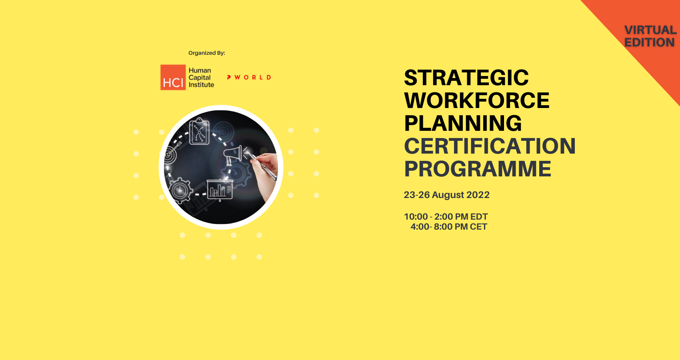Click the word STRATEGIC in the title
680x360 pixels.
[x=466, y=78]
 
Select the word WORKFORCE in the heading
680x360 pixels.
[x=477, y=100]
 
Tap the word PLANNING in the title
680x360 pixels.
[x=463, y=123]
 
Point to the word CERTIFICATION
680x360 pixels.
[x=490, y=146]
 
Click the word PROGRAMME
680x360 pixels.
[x=478, y=169]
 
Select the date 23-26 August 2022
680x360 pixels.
[x=446, y=195]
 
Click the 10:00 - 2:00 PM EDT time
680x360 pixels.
[x=446, y=217]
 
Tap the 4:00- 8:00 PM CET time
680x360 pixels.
[x=449, y=227]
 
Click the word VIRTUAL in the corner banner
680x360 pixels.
[x=650, y=30]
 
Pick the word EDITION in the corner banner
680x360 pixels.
[x=649, y=42]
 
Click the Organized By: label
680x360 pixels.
[x=207, y=53]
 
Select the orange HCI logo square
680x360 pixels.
[x=173, y=78]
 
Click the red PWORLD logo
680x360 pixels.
[x=249, y=78]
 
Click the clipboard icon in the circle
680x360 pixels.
[x=199, y=131]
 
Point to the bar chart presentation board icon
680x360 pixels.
[x=220, y=190]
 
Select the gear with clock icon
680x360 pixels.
[x=180, y=191]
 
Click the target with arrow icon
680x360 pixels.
[x=172, y=153]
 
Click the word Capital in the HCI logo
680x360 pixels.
[x=200, y=78]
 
